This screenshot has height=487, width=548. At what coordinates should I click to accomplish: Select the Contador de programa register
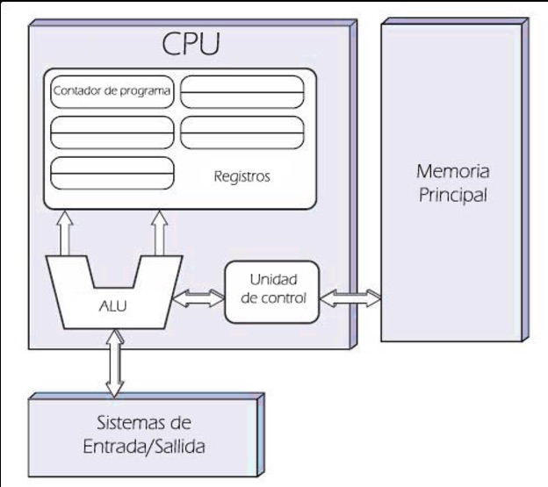pos(112,90)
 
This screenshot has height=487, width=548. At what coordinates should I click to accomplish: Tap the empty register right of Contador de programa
pos(242,90)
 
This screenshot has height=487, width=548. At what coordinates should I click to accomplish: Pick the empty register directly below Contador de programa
pos(112,132)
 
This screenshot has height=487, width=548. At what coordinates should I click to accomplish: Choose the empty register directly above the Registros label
pos(242,132)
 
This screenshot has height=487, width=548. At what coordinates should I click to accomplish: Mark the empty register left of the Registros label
pos(112,173)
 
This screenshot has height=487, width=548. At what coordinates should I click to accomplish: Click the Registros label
pos(242,176)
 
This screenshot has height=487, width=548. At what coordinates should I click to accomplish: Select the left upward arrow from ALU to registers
pos(66,233)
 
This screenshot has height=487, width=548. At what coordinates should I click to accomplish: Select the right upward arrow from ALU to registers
pos(159,233)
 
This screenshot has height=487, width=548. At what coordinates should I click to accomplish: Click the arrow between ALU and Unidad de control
pos(199,298)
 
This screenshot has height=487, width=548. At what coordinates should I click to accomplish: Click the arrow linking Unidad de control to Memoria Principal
pos(350,297)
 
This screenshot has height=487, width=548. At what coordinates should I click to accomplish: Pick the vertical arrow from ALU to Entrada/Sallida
pos(114,362)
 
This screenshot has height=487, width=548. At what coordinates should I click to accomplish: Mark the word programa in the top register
pos(142,90)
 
